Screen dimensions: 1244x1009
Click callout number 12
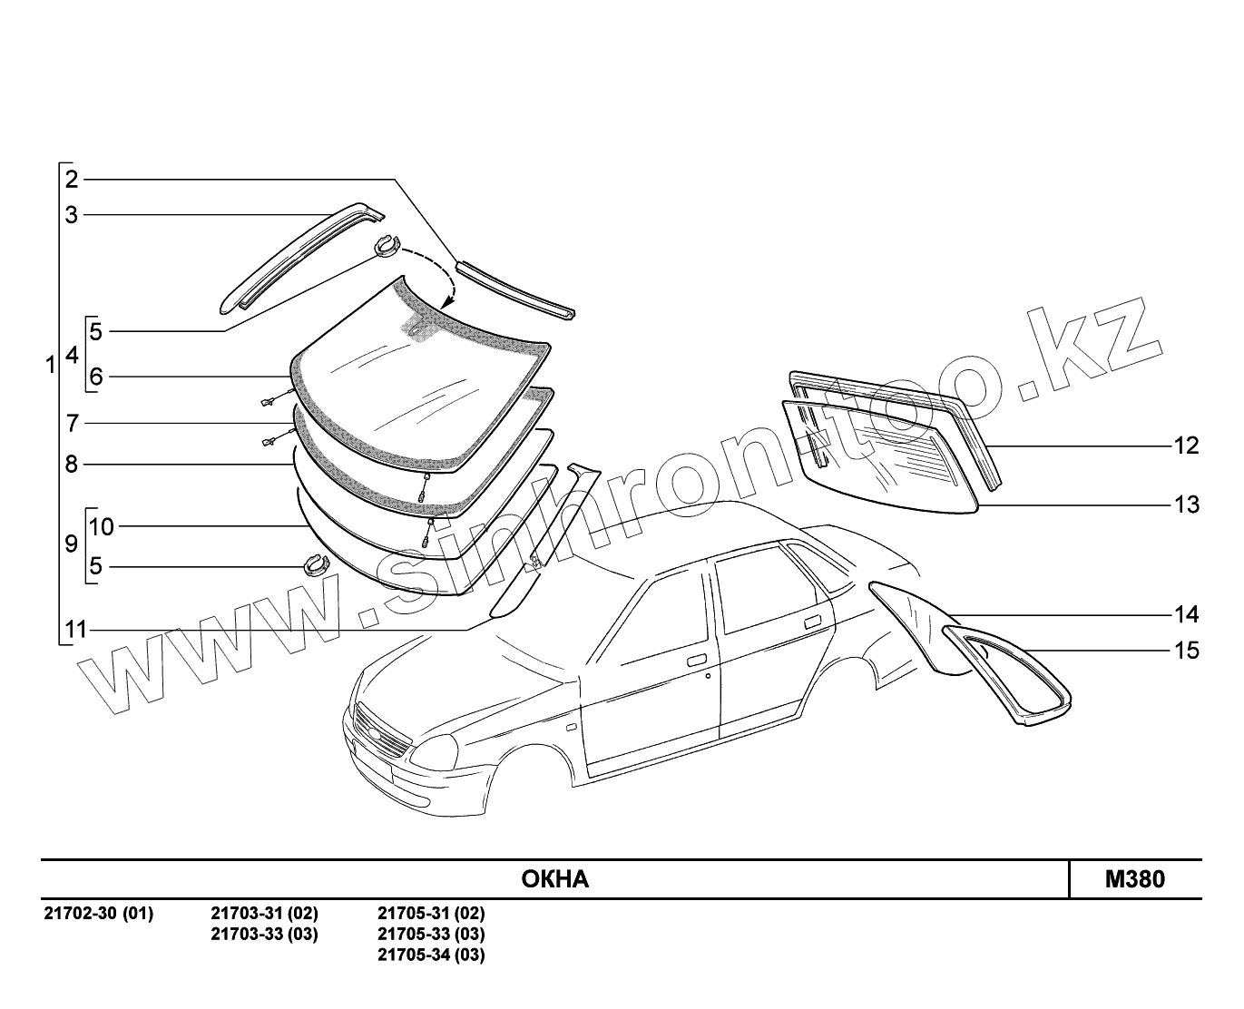[x=1186, y=446]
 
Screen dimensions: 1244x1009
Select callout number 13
[x=1186, y=504]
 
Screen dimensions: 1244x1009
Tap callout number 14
[x=1186, y=615]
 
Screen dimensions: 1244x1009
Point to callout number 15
[x=1186, y=651]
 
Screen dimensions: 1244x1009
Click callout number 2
[x=72, y=179]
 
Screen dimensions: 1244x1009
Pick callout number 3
[x=72, y=215]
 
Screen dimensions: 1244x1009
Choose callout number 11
[x=75, y=629]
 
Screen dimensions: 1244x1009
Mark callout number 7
[x=72, y=423]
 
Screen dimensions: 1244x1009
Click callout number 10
[x=102, y=526]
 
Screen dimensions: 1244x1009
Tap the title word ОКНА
[x=554, y=879]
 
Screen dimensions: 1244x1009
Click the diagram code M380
[x=1134, y=879]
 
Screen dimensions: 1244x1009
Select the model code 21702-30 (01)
[x=99, y=913]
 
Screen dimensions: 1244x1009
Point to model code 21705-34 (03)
[x=431, y=955]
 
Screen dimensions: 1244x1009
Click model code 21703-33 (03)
[x=264, y=934]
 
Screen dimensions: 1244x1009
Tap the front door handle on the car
[x=697, y=660]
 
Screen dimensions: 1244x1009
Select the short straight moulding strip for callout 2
[x=514, y=288]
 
